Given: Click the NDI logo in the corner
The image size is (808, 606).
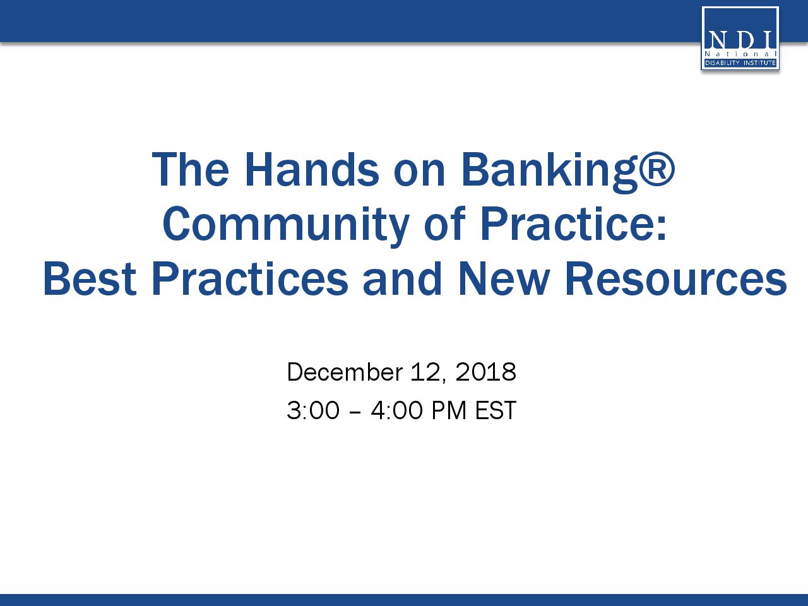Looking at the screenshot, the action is pyautogui.click(x=740, y=39).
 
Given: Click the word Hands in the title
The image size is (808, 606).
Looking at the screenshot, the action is pyautogui.click(x=311, y=170).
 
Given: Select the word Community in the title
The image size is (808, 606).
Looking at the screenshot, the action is pyautogui.click(x=286, y=226).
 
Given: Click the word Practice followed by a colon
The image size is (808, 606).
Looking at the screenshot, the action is pyautogui.click(x=573, y=223).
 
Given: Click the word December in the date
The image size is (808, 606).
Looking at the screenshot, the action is pyautogui.click(x=345, y=372).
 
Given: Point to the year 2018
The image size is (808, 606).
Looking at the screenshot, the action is pyautogui.click(x=485, y=372).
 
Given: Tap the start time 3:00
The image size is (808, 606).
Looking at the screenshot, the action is pyautogui.click(x=313, y=410).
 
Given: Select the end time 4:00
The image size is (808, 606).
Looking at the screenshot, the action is pyautogui.click(x=397, y=410).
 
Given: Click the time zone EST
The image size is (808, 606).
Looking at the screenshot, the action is pyautogui.click(x=496, y=410).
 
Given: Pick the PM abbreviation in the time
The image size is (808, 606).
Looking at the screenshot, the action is pyautogui.click(x=449, y=410).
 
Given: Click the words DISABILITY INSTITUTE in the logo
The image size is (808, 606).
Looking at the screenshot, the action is pyautogui.click(x=740, y=63).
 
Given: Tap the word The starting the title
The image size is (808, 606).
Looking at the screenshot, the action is pyautogui.click(x=190, y=170).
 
